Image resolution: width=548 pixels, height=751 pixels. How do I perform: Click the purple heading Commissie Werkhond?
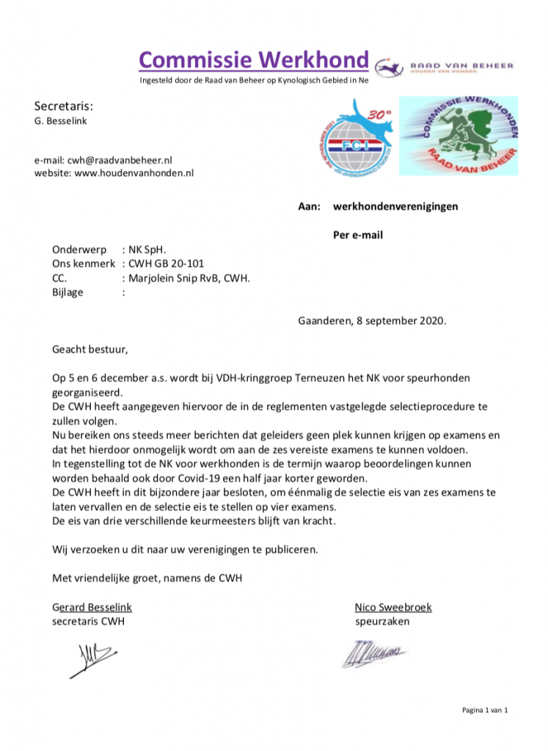pos(253,60)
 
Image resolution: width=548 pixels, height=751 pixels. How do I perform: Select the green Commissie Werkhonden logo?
pos(458,136)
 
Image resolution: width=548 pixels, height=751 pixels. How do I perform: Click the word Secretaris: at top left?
pos(64,106)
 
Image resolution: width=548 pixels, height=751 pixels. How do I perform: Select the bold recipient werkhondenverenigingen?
pos(395,206)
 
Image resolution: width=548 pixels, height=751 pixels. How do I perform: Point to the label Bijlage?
pos(67,292)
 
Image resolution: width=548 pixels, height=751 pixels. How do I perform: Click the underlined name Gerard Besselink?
pos(92,607)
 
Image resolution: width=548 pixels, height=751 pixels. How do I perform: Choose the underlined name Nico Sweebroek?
pos(392,607)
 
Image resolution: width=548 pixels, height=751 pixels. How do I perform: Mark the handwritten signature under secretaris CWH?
pos(94,657)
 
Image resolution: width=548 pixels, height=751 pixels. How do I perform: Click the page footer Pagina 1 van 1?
pos(484,710)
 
